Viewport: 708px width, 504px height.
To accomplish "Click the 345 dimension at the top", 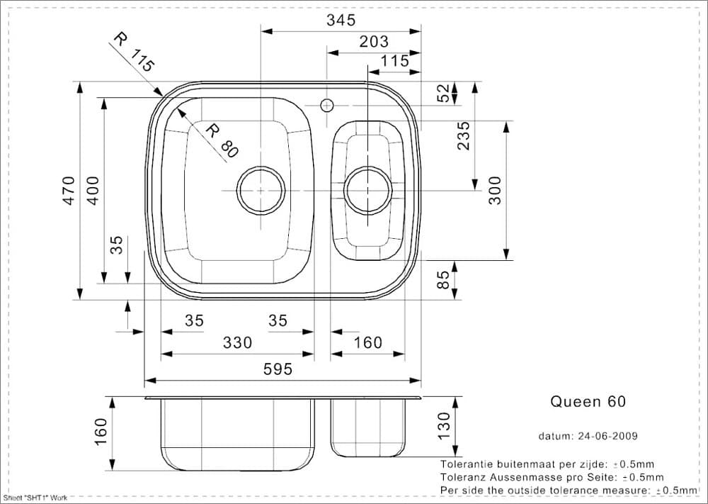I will tap(341, 21).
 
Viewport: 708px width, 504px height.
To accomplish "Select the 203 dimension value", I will tap(374, 42).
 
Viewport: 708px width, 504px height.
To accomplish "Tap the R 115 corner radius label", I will tap(133, 54).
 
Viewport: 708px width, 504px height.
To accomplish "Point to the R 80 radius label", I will tap(222, 139).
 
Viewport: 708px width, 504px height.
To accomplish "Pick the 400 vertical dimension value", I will tap(93, 191).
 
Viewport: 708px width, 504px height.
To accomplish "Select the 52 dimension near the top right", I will tap(443, 93).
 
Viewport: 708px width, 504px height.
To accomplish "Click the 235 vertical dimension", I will tap(464, 135).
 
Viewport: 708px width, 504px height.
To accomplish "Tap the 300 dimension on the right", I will tap(495, 190).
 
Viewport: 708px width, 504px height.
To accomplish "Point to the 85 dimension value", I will tap(443, 279).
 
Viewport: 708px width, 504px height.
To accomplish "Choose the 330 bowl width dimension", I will tap(237, 343).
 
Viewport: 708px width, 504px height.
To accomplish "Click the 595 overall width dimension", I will tap(278, 369).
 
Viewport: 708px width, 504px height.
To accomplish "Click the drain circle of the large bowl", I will tap(261, 190).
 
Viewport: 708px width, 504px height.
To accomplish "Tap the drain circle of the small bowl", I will tap(367, 190).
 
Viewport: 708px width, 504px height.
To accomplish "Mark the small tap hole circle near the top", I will tap(326, 106).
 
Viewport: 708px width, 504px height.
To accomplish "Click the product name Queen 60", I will tap(588, 401).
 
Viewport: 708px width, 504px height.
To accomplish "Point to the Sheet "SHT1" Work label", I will tap(35, 499).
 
